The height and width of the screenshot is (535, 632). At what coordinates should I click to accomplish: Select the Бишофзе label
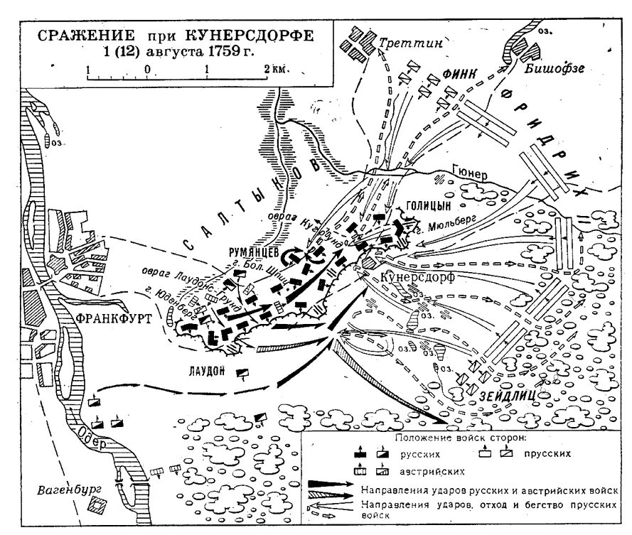click(x=548, y=69)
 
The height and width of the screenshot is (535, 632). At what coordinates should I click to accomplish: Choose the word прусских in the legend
click(x=550, y=453)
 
